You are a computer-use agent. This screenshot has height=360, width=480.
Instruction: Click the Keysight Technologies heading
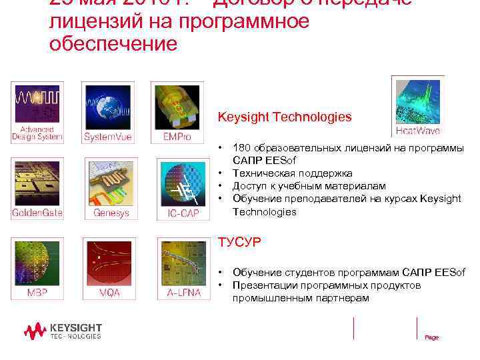285,117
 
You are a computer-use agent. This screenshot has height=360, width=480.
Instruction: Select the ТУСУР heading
239,242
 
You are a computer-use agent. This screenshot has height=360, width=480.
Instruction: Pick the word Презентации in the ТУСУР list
265,285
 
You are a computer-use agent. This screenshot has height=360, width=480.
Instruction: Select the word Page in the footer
432,337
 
